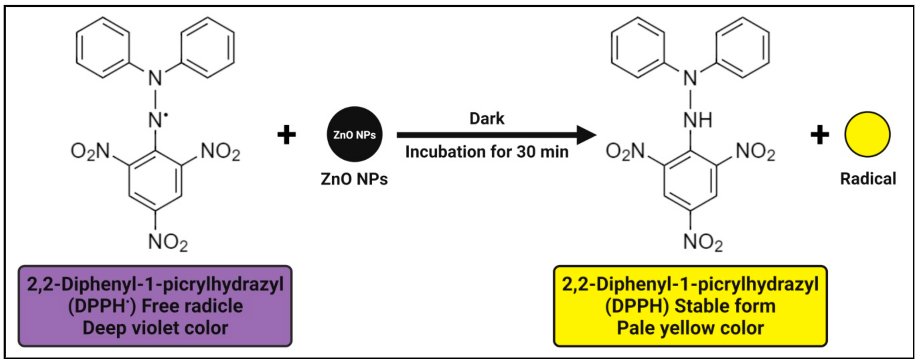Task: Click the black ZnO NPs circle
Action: pos(355,134)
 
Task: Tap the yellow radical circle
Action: pos(867,134)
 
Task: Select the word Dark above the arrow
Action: pos(487,119)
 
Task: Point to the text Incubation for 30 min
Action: pos(487,152)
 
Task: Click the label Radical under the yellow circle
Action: pos(868,179)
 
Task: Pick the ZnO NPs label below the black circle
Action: pos(354,179)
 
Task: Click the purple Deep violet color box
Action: pos(155,306)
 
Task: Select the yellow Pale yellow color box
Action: pos(690,306)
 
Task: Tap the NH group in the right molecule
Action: pos(697,120)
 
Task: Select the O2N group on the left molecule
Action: pos(91,151)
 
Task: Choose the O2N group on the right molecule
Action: pos(625,151)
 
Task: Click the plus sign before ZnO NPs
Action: pos(287,135)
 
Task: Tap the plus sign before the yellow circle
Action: pos(820,135)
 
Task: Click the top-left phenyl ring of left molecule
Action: pos(103,48)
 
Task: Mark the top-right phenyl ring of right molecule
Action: pos(742,48)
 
